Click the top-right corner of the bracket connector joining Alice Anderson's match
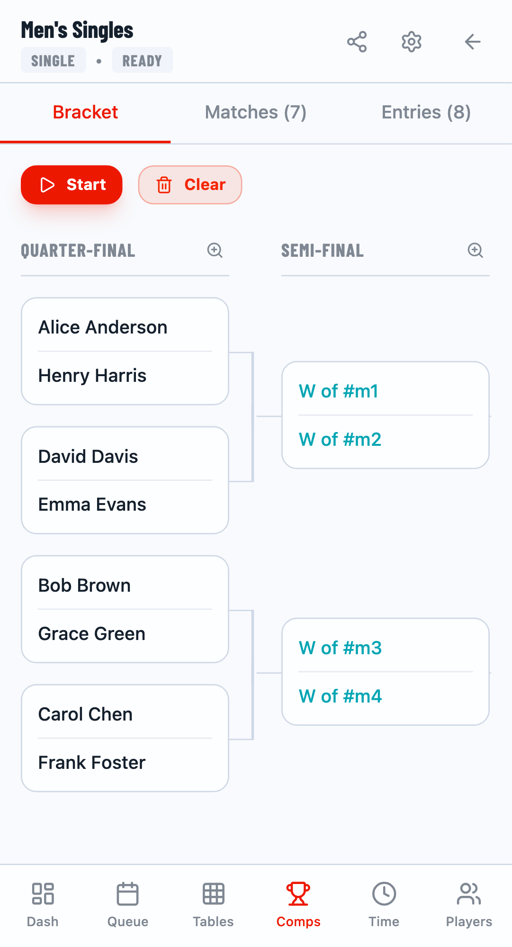click(x=253, y=353)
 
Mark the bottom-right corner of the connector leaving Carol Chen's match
click(x=253, y=739)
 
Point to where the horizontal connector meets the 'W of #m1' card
click(x=282, y=416)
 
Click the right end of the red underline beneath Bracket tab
click(x=171, y=142)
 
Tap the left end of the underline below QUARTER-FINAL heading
click(x=21, y=275)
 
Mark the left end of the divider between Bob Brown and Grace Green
click(x=38, y=609)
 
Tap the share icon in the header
click(x=357, y=42)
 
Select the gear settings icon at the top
click(x=412, y=42)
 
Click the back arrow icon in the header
click(x=473, y=42)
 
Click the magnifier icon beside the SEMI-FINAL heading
click(x=475, y=250)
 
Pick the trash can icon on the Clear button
click(x=164, y=185)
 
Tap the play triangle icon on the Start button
click(x=47, y=185)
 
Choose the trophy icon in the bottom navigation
click(x=298, y=894)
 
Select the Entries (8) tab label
click(x=426, y=112)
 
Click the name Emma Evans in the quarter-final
click(x=92, y=505)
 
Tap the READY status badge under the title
click(x=142, y=60)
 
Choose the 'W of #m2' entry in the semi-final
click(x=340, y=440)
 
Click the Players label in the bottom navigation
click(x=469, y=921)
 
